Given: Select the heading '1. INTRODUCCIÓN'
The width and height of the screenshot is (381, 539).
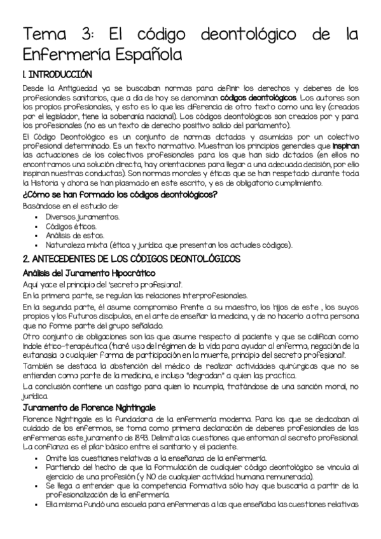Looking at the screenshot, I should pyautogui.click(x=57, y=74).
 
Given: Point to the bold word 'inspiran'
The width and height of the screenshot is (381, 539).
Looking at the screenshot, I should pyautogui.click(x=346, y=146).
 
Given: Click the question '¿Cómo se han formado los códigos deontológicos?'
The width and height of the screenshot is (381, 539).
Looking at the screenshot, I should pyautogui.click(x=120, y=194).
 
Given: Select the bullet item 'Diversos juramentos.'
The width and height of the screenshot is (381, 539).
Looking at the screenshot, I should pyautogui.click(x=82, y=217).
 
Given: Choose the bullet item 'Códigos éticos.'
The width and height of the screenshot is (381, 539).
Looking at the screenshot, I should pyautogui.click(x=71, y=226).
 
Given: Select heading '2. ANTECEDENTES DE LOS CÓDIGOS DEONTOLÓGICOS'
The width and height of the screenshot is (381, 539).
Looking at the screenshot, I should pyautogui.click(x=131, y=259).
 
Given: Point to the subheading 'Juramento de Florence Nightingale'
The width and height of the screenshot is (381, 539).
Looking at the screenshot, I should pyautogui.click(x=89, y=407).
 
